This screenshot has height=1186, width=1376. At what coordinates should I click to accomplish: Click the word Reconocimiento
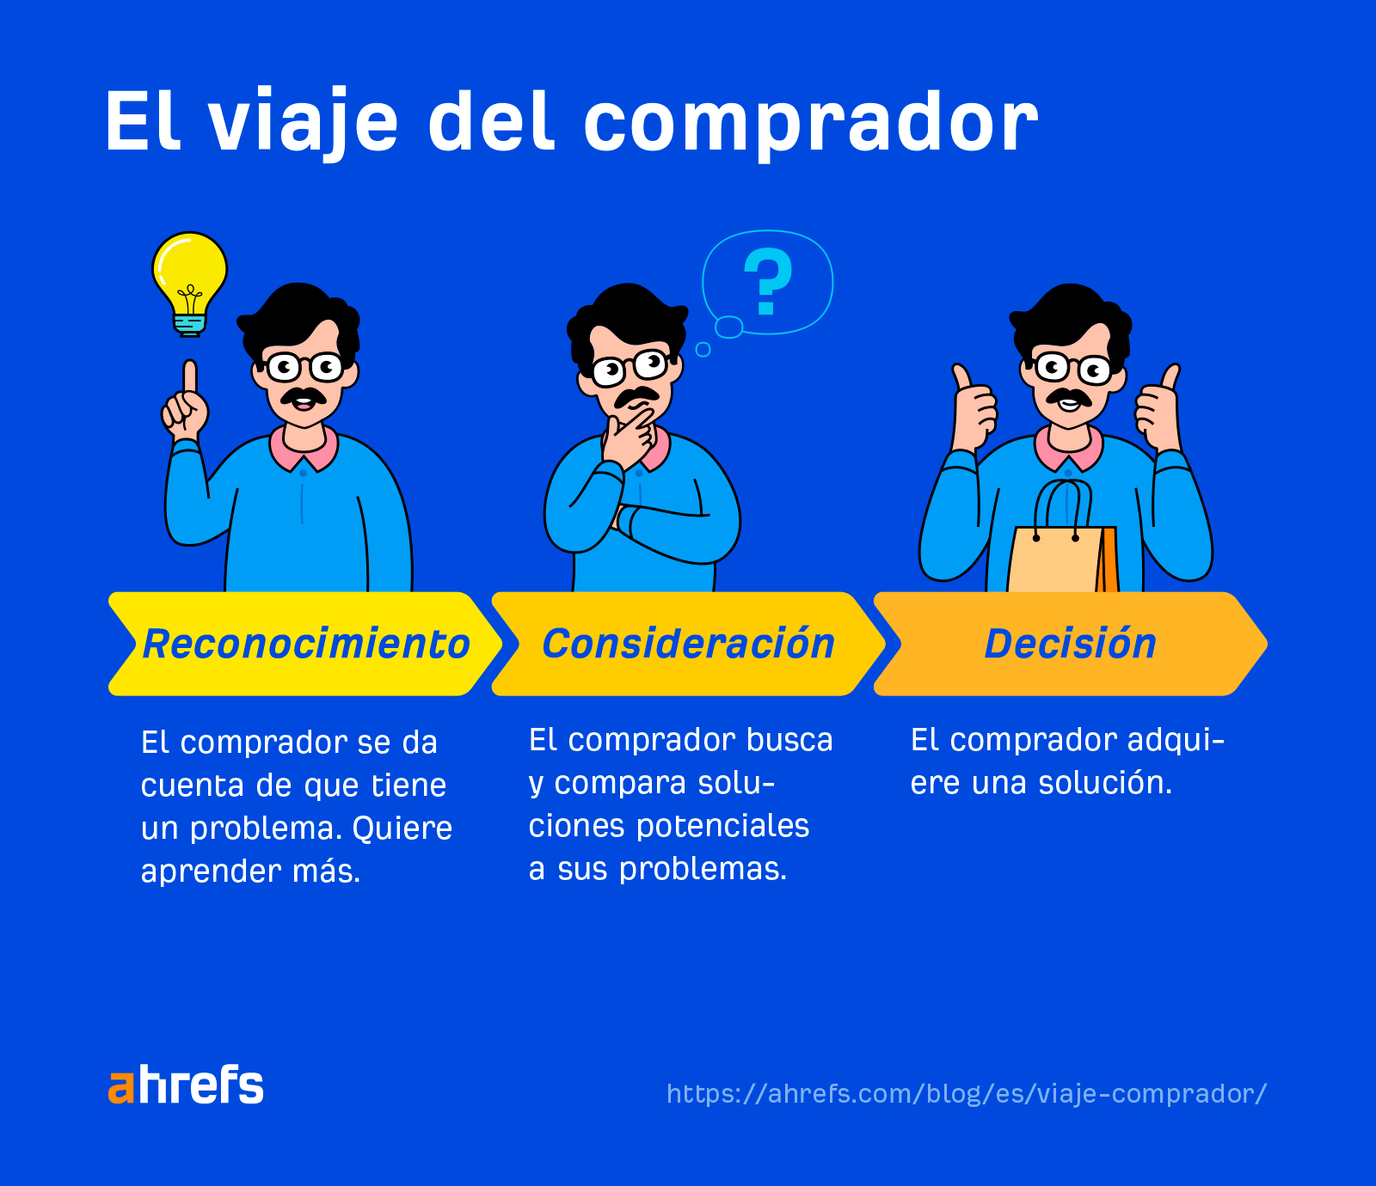(305, 644)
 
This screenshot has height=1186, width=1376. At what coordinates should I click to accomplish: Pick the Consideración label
(688, 644)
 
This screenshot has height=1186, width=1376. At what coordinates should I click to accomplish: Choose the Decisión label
(1070, 644)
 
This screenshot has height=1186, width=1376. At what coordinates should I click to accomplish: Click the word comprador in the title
(810, 122)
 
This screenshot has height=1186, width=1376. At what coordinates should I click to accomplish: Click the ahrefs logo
(186, 1085)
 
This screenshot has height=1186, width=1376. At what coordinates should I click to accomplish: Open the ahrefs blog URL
(966, 1093)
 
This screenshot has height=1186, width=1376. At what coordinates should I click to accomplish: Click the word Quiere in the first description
(402, 828)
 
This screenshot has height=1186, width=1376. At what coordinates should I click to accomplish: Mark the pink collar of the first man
(304, 447)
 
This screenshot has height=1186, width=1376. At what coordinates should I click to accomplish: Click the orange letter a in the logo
(121, 1088)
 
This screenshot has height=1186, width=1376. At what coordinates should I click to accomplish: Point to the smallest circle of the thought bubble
(703, 349)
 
